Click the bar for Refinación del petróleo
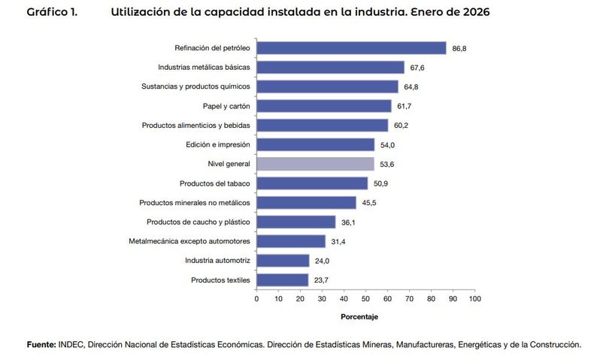351,47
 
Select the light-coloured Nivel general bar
315,164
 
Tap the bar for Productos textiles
282,280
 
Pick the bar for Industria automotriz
283,260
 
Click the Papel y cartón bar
324,106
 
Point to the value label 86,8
460,48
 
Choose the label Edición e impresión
217,144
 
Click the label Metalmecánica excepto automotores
189,241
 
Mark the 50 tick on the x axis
365,298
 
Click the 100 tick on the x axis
474,298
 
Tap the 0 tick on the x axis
256,298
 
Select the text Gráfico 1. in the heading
52,13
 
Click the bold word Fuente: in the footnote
41,344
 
